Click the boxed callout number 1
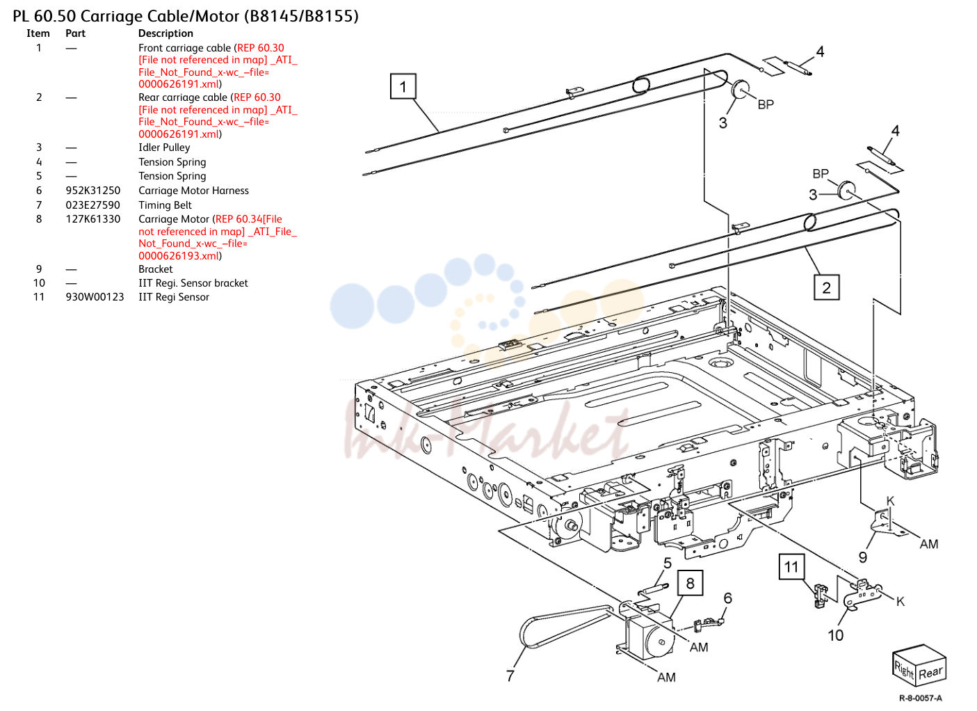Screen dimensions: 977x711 pyautogui.click(x=403, y=86)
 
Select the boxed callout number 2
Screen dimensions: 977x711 pyautogui.click(x=826, y=287)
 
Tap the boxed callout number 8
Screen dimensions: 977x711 pyautogui.click(x=690, y=583)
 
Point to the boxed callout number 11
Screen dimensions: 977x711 pyautogui.click(x=791, y=566)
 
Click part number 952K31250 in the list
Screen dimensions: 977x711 pyautogui.click(x=93, y=191)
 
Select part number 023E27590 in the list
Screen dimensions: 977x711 pyautogui.click(x=93, y=205)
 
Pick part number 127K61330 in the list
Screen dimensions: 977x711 pyautogui.click(x=93, y=218)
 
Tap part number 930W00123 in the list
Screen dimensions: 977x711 pyautogui.click(x=95, y=297)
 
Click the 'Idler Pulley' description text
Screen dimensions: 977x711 pyautogui.click(x=164, y=147)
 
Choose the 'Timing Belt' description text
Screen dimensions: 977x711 pyautogui.click(x=165, y=205)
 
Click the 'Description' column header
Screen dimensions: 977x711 pyautogui.click(x=165, y=33)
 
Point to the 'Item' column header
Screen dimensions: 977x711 pyautogui.click(x=38, y=33)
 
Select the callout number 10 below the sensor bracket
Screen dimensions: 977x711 pyautogui.click(x=836, y=635)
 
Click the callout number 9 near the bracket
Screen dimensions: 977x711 pyautogui.click(x=863, y=557)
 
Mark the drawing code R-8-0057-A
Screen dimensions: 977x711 pyautogui.click(x=920, y=698)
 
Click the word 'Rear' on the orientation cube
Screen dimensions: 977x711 pyautogui.click(x=930, y=673)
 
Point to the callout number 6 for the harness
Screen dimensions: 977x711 pyautogui.click(x=727, y=598)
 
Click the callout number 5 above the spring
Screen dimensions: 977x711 pyautogui.click(x=668, y=563)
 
